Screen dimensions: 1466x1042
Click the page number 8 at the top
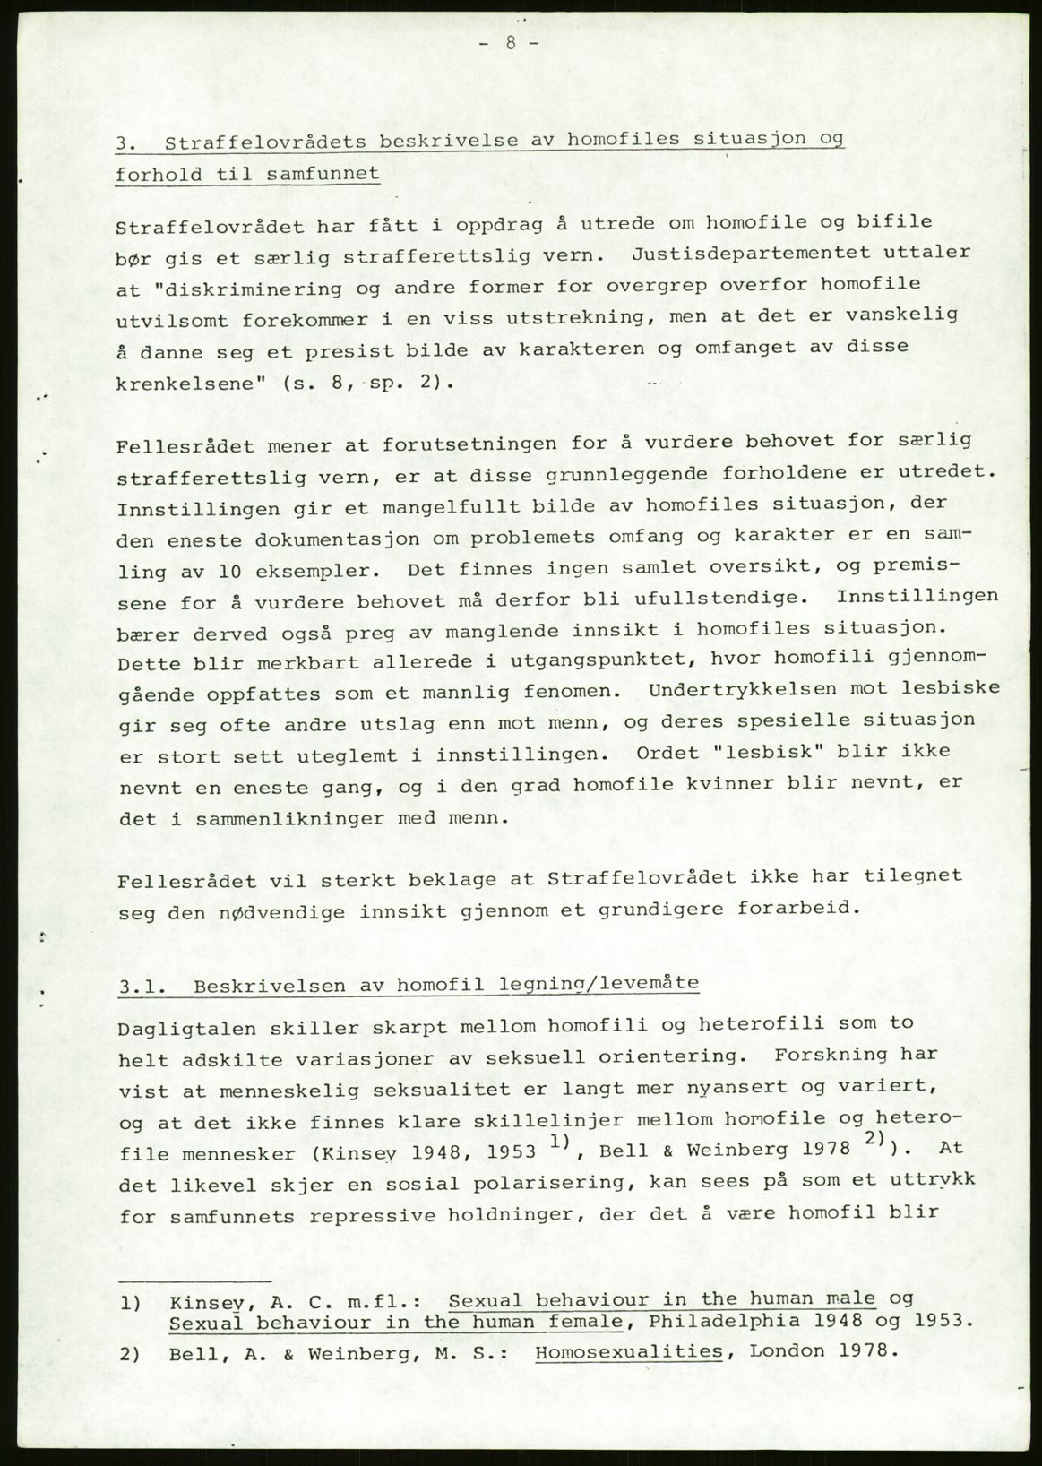[509, 44]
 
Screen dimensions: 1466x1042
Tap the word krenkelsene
[191, 384]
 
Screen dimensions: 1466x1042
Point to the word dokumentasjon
[295, 539]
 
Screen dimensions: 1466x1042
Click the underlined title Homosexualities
[627, 1350]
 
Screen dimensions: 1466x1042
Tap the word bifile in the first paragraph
[870, 221]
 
